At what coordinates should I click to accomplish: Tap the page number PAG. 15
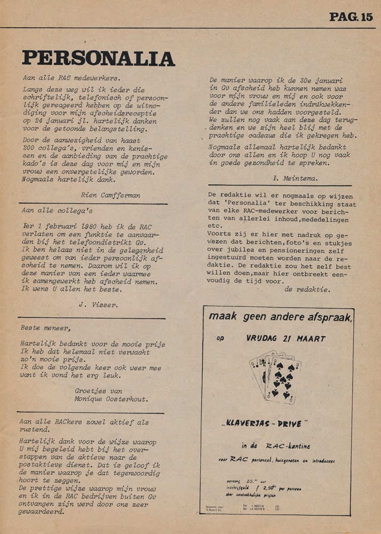coord(351,17)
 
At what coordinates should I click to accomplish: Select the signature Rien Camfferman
coord(111,195)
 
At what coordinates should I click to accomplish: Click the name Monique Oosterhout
coord(112,398)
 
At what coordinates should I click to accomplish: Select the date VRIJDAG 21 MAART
coord(286,339)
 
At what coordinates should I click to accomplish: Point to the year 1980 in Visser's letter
coord(80,226)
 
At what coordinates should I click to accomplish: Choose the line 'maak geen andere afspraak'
coord(281,317)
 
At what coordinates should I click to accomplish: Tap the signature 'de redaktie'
coord(307,289)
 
